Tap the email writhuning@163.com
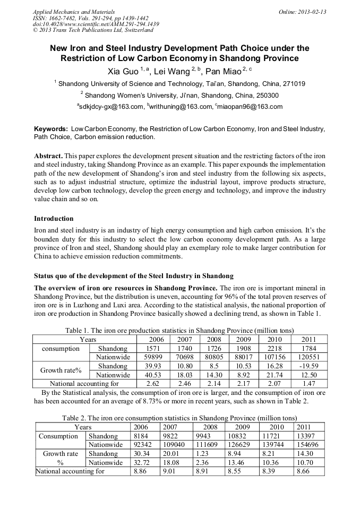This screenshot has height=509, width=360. point(182,107)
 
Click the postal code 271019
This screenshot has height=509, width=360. point(292,84)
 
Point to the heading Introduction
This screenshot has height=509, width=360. point(54,219)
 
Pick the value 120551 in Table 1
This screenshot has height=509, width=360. point(308,358)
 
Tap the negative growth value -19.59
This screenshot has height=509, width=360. point(308,366)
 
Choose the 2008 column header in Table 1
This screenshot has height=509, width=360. point(214,340)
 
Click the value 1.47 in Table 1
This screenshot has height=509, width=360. point(308,383)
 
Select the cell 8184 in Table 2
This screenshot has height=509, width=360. point(141,436)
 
